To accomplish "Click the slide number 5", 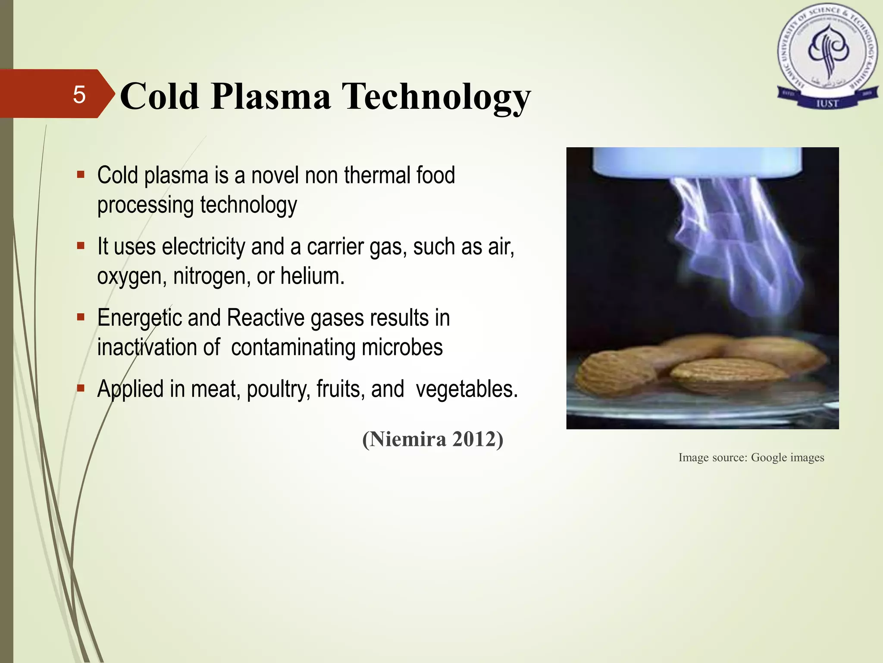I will (79, 95).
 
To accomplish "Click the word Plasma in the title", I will (271, 97).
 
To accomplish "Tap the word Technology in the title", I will (436, 98).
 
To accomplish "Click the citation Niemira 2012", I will (432, 439).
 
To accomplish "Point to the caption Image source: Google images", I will (751, 458).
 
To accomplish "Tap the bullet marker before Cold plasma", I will (81, 175).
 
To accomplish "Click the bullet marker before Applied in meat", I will (81, 388).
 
